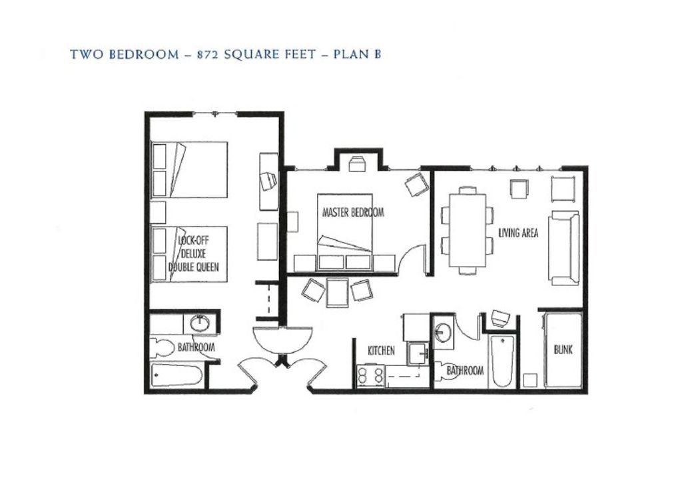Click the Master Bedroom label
pyautogui.click(x=353, y=213)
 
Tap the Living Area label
pyautogui.click(x=518, y=233)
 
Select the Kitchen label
pyautogui.click(x=381, y=351)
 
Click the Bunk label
pyautogui.click(x=563, y=349)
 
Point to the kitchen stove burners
pyautogui.click(x=370, y=376)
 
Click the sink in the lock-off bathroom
pyautogui.click(x=200, y=323)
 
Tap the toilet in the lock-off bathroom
pyautogui.click(x=161, y=347)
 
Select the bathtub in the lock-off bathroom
pyautogui.click(x=176, y=376)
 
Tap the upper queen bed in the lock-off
pyautogui.click(x=190, y=169)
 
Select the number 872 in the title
pyautogui.click(x=208, y=55)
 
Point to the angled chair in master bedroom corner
pyautogui.click(x=418, y=184)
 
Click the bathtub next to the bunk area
pyautogui.click(x=502, y=361)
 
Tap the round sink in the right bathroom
pyautogui.click(x=443, y=330)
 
